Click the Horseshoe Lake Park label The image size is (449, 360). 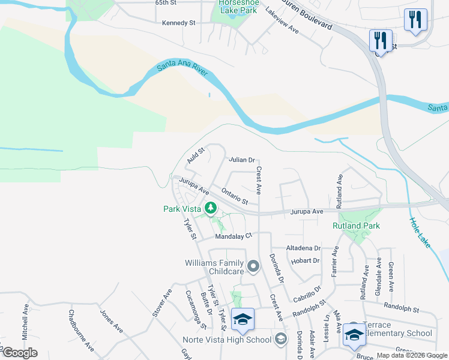click(x=237, y=7)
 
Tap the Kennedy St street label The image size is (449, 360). click(x=179, y=23)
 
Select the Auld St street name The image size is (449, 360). click(x=196, y=155)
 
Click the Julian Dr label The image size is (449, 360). click(x=242, y=160)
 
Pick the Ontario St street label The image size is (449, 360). click(x=235, y=196)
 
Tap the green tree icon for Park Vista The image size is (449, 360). click(x=210, y=208)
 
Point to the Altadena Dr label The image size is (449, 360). click(x=303, y=248)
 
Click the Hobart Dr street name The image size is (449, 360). click(x=305, y=260)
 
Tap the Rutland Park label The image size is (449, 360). click(x=357, y=226)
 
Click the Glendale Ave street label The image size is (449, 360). click(x=379, y=274)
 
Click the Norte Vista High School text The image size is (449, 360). click(x=227, y=340)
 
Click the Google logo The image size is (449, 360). click(x=20, y=353)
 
